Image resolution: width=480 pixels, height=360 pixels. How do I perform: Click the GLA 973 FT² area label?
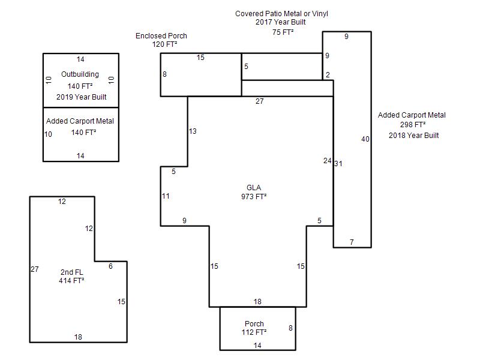point(253,192)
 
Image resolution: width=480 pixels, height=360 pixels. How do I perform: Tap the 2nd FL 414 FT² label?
point(71,276)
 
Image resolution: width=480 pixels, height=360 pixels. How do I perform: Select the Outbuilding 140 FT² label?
point(80,80)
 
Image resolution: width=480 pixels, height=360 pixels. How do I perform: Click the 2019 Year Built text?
point(80,97)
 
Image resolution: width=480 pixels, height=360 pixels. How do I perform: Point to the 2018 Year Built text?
point(413,135)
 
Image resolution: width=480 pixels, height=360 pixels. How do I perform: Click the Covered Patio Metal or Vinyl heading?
point(281,13)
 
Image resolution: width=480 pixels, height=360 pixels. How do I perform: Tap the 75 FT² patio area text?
point(283,32)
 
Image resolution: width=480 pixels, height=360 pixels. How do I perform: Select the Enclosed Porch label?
point(161,36)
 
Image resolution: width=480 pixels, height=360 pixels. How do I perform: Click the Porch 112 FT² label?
point(254,328)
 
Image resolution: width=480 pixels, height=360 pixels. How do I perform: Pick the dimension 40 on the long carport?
point(365,139)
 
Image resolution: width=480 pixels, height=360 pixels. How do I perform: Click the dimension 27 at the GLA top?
point(259,101)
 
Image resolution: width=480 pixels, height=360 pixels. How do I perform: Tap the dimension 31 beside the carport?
point(338,163)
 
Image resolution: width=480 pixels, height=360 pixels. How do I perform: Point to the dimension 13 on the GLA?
point(193,131)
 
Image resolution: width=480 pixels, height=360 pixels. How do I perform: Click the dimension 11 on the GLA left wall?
point(166,196)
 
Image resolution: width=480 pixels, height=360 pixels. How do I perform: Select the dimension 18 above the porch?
point(257,302)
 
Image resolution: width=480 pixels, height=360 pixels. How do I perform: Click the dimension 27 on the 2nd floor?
point(35,269)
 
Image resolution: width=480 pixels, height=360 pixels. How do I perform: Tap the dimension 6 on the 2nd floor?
point(110,266)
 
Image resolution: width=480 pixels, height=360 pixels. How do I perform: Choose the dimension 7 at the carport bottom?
point(352,242)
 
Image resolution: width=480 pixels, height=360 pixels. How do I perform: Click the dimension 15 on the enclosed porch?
point(200,58)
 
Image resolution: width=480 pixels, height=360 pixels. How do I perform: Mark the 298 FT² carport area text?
point(413,125)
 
